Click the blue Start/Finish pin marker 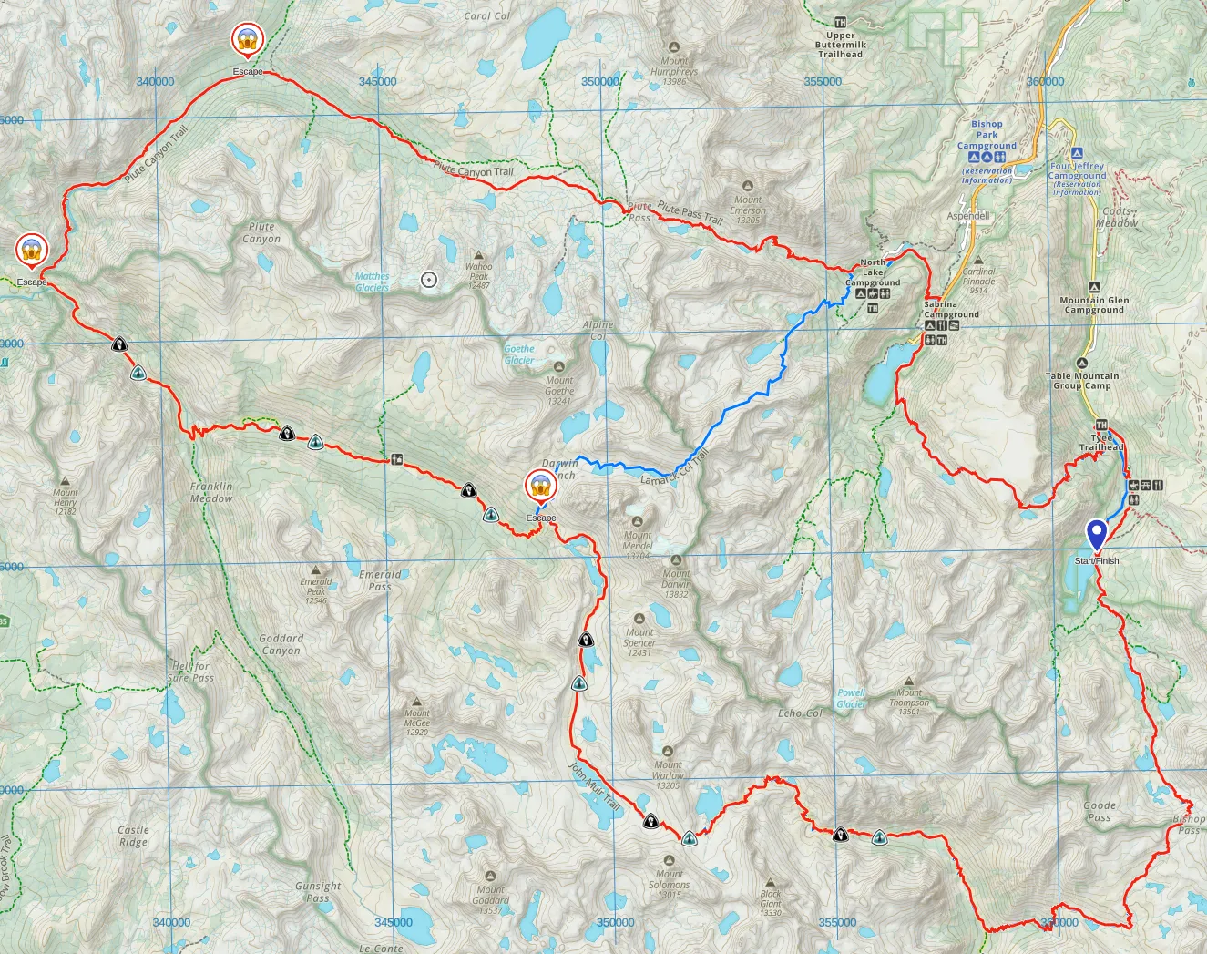coord(1097,535)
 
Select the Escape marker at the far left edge coord(32,251)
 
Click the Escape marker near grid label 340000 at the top coord(247,40)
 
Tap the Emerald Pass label coord(380,580)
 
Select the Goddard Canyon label coord(281,644)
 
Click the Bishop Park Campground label coord(987,135)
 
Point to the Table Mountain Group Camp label coord(1082,380)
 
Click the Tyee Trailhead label coord(1101,442)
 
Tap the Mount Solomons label coord(670,884)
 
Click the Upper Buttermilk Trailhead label coord(841,45)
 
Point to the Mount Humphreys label coord(674,71)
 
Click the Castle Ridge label coord(133,836)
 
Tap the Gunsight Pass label coord(318,891)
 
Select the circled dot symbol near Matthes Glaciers coord(429,280)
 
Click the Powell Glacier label coord(852,698)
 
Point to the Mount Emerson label coord(748,209)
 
